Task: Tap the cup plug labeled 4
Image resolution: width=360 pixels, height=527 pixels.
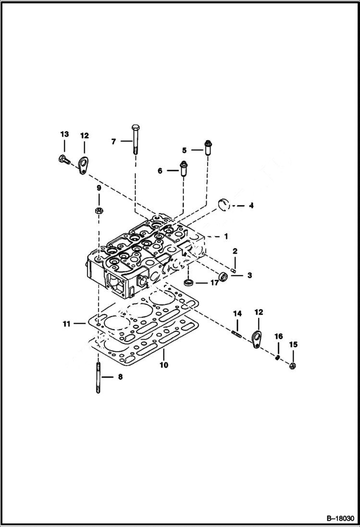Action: (225, 204)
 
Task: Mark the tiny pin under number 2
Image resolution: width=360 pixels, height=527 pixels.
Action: (234, 270)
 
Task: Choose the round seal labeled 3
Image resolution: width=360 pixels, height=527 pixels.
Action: (223, 277)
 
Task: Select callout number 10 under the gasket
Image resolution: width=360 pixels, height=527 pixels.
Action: (164, 365)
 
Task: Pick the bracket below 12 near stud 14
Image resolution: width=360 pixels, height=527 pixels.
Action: (257, 339)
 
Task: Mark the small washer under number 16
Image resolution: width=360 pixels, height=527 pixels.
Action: (278, 357)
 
